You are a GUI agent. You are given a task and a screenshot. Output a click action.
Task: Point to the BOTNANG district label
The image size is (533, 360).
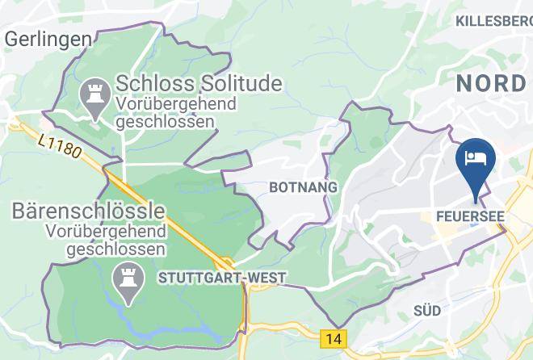[x=302, y=187]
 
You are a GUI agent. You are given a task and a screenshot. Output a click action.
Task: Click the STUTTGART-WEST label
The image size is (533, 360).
[x=223, y=278]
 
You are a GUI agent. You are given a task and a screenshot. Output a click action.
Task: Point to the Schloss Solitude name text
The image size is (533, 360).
[x=199, y=83]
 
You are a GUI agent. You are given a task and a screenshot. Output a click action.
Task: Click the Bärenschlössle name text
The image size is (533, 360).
[x=89, y=211]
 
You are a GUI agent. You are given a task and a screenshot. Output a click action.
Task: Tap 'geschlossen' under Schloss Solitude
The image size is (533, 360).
[x=166, y=122]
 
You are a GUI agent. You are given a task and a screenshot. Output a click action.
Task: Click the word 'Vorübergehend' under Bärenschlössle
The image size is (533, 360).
[x=105, y=232]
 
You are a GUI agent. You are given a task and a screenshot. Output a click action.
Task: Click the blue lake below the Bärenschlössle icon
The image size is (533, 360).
[x=121, y=312]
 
